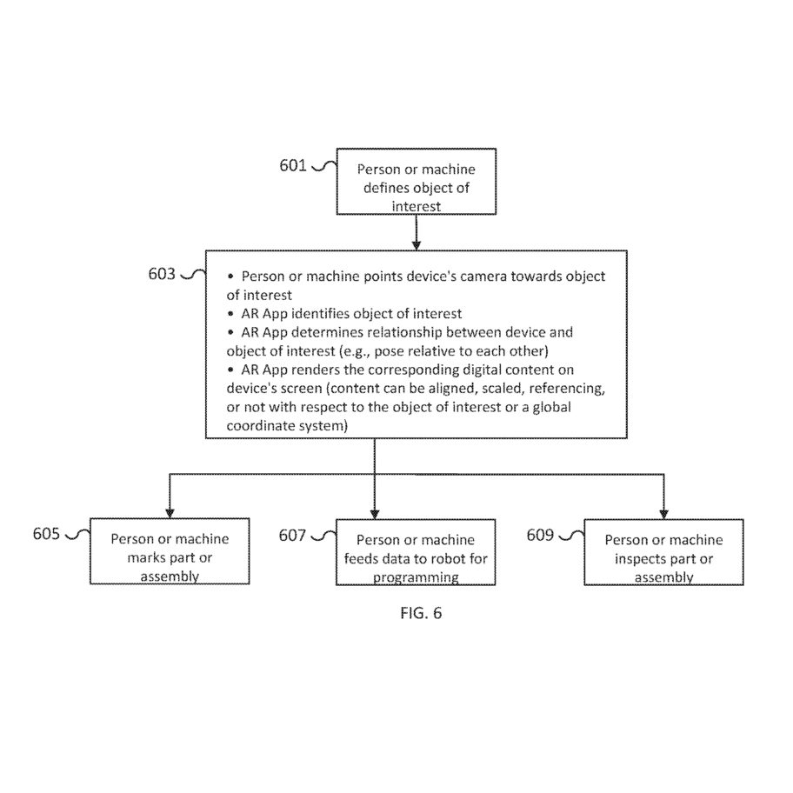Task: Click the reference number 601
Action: pos(293,165)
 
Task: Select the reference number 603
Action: pos(162,274)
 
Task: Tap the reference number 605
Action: pos(47,534)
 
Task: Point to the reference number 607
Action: pos(292,535)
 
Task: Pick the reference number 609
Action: pos(540,535)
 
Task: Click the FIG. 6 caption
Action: pos(421,613)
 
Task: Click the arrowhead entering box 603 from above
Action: pos(416,245)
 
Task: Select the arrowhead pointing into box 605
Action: pos(170,513)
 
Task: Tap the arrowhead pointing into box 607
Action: pos(374,514)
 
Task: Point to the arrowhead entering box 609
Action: pos(663,514)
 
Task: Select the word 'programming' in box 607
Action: pos(416,578)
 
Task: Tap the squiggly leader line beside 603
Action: pos(193,274)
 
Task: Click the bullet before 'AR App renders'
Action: pos(231,370)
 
